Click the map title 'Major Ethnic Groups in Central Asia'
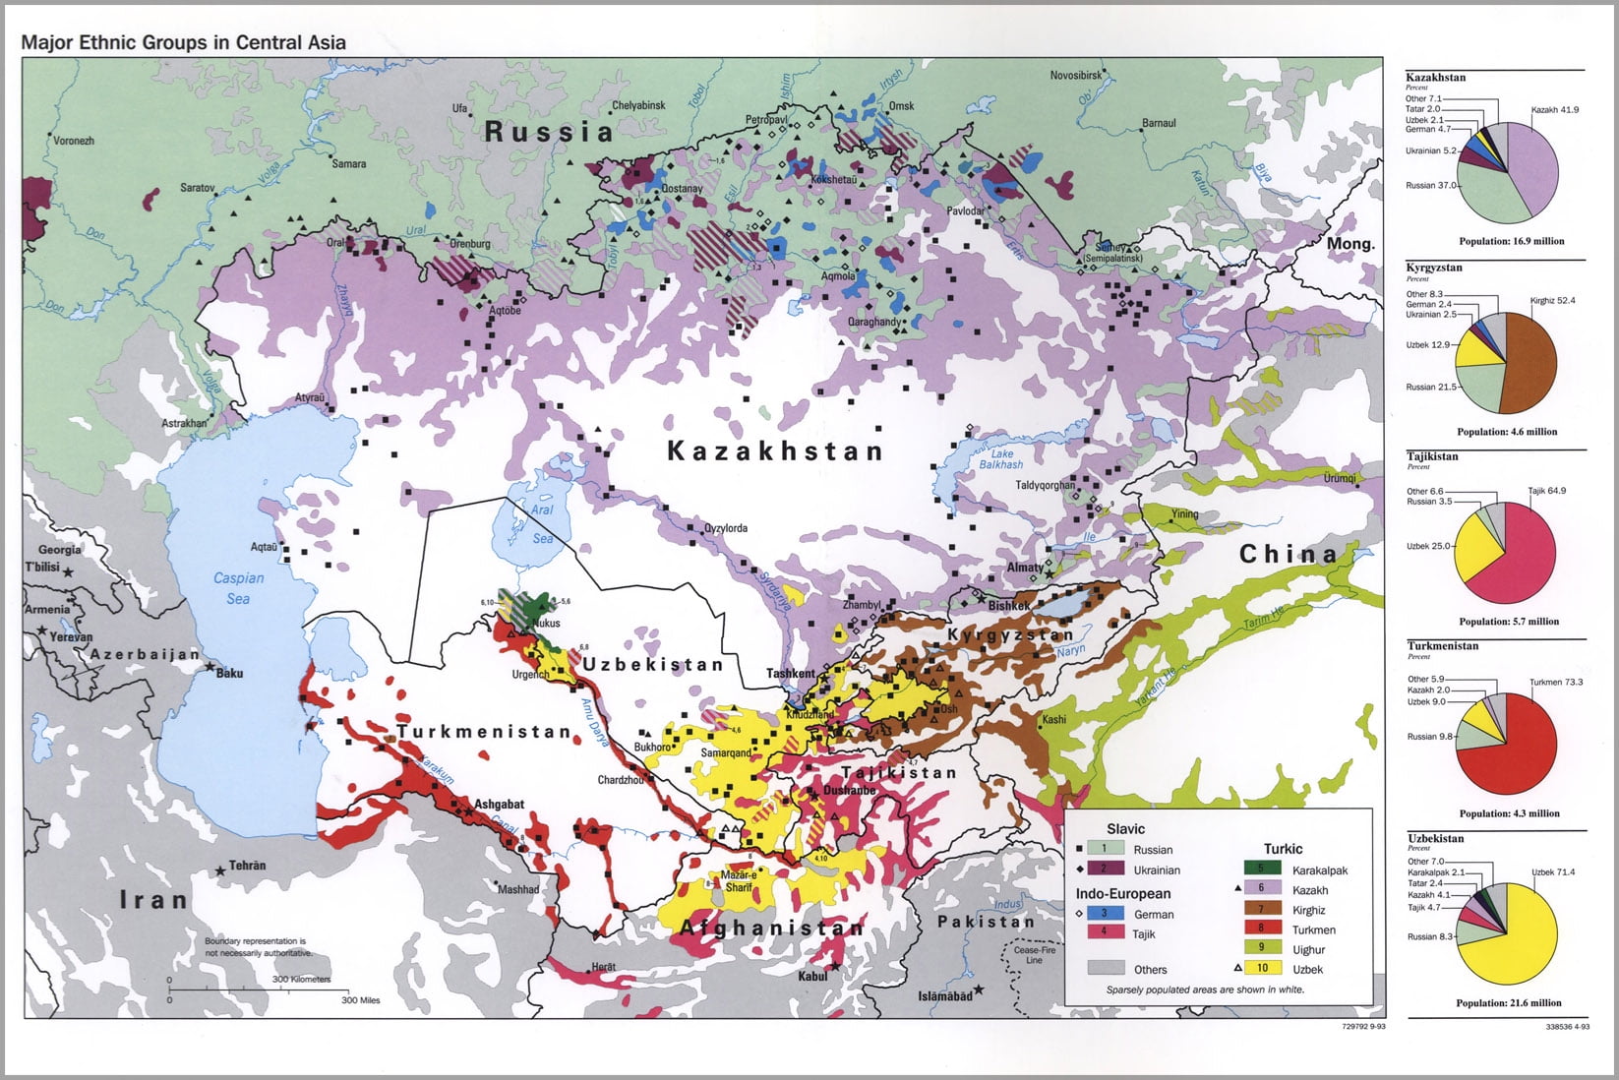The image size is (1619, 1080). (183, 42)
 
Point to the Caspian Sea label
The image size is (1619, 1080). (238, 588)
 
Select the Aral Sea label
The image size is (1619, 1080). (542, 523)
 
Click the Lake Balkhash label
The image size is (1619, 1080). (1000, 458)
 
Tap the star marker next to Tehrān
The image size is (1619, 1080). (219, 870)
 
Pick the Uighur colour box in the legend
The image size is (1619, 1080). (1262, 948)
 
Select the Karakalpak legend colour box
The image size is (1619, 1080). (1262, 869)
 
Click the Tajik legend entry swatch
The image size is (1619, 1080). (1105, 931)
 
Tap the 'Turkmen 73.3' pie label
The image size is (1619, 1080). (1556, 682)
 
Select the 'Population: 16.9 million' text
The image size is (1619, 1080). (1511, 241)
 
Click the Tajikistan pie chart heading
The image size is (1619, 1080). (1432, 456)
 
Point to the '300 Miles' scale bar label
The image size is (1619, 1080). (360, 1000)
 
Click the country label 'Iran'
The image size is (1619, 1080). (153, 899)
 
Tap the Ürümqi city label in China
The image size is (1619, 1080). (1339, 478)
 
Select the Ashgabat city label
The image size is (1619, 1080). (500, 804)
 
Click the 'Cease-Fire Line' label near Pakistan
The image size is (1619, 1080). (1034, 954)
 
